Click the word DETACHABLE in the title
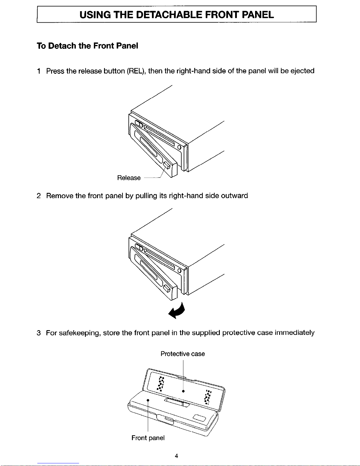pos(169,14)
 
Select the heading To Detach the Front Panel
pos(87,46)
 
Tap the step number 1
pos(39,71)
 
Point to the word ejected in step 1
pos(302,71)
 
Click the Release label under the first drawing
pos(129,178)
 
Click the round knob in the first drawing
pos(179,147)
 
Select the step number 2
pos(39,196)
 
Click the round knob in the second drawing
pos(179,270)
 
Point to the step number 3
pos(39,333)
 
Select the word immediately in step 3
pos(294,333)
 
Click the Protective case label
pos(182,354)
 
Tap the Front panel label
pos(148,438)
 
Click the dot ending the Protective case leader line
pos(183,391)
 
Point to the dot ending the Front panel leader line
pos(148,400)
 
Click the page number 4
pos(176,456)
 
